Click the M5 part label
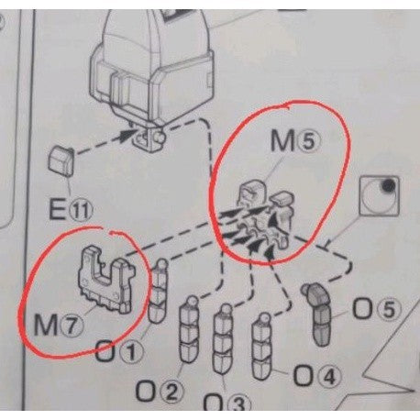click(296, 141)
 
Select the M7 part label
click(58, 325)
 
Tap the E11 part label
click(71, 209)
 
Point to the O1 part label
click(119, 350)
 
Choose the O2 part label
click(160, 392)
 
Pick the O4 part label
click(317, 376)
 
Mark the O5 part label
click(377, 309)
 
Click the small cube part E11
click(61, 160)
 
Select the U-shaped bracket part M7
click(105, 280)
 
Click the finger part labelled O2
click(189, 329)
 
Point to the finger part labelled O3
click(223, 338)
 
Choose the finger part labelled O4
click(262, 347)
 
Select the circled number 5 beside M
click(310, 141)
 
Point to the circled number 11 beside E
click(81, 210)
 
